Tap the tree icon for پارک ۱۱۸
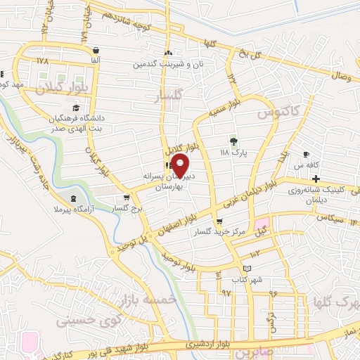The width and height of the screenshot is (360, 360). [233, 141]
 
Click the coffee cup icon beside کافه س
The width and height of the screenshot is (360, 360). [306, 154]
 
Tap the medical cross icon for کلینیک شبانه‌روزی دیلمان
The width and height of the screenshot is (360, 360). [316, 179]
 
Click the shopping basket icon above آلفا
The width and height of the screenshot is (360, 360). [95, 50]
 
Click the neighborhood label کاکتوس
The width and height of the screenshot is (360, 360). [277, 110]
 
